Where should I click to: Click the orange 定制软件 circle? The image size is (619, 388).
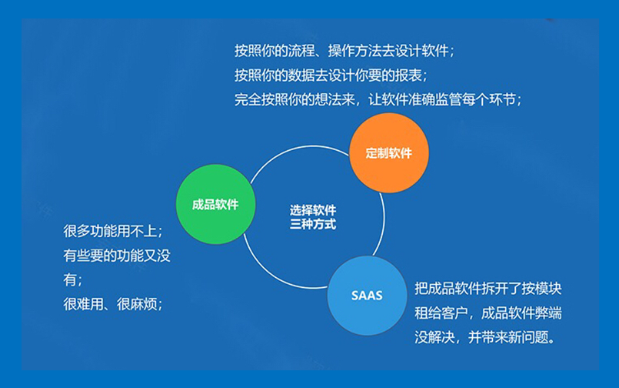(388, 152)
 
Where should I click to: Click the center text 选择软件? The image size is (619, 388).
(312, 210)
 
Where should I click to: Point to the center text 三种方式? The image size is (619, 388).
(312, 225)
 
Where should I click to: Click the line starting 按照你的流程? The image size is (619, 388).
(344, 51)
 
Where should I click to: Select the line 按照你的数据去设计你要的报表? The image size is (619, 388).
(331, 75)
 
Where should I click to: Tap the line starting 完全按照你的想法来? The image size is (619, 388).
(378, 99)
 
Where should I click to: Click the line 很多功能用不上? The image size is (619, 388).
(113, 231)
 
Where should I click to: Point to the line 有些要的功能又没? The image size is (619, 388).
(117, 256)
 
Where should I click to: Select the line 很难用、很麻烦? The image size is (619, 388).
(113, 303)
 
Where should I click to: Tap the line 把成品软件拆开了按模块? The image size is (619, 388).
(488, 289)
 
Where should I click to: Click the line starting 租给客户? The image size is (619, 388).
(488, 313)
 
